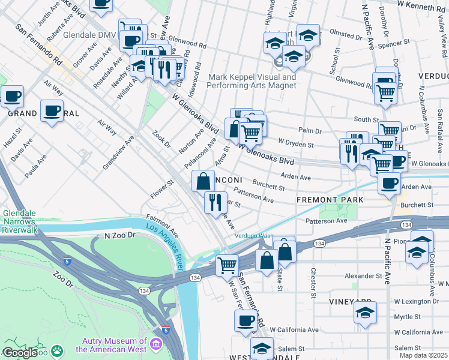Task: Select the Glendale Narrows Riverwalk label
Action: (20, 221)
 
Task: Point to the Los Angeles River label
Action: (165, 246)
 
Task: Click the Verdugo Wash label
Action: (253, 236)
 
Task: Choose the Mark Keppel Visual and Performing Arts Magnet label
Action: (252, 81)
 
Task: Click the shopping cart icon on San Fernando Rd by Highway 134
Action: (226, 265)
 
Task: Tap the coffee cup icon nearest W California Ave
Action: (245, 321)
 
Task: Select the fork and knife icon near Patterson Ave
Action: (215, 202)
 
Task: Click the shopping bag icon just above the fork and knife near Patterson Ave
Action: (203, 181)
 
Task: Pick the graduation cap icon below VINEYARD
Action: (365, 313)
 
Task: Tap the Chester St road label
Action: (313, 283)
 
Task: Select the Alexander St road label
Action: (363, 277)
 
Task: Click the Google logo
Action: (20, 353)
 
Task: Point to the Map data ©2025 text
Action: (423, 355)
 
